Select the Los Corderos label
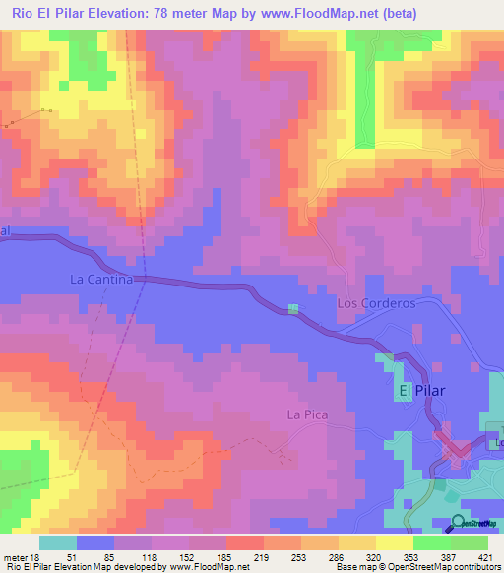(376, 304)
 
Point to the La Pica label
(306, 414)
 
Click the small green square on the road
(293, 309)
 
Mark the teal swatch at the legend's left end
(57, 542)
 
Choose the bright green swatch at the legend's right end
(470, 542)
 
